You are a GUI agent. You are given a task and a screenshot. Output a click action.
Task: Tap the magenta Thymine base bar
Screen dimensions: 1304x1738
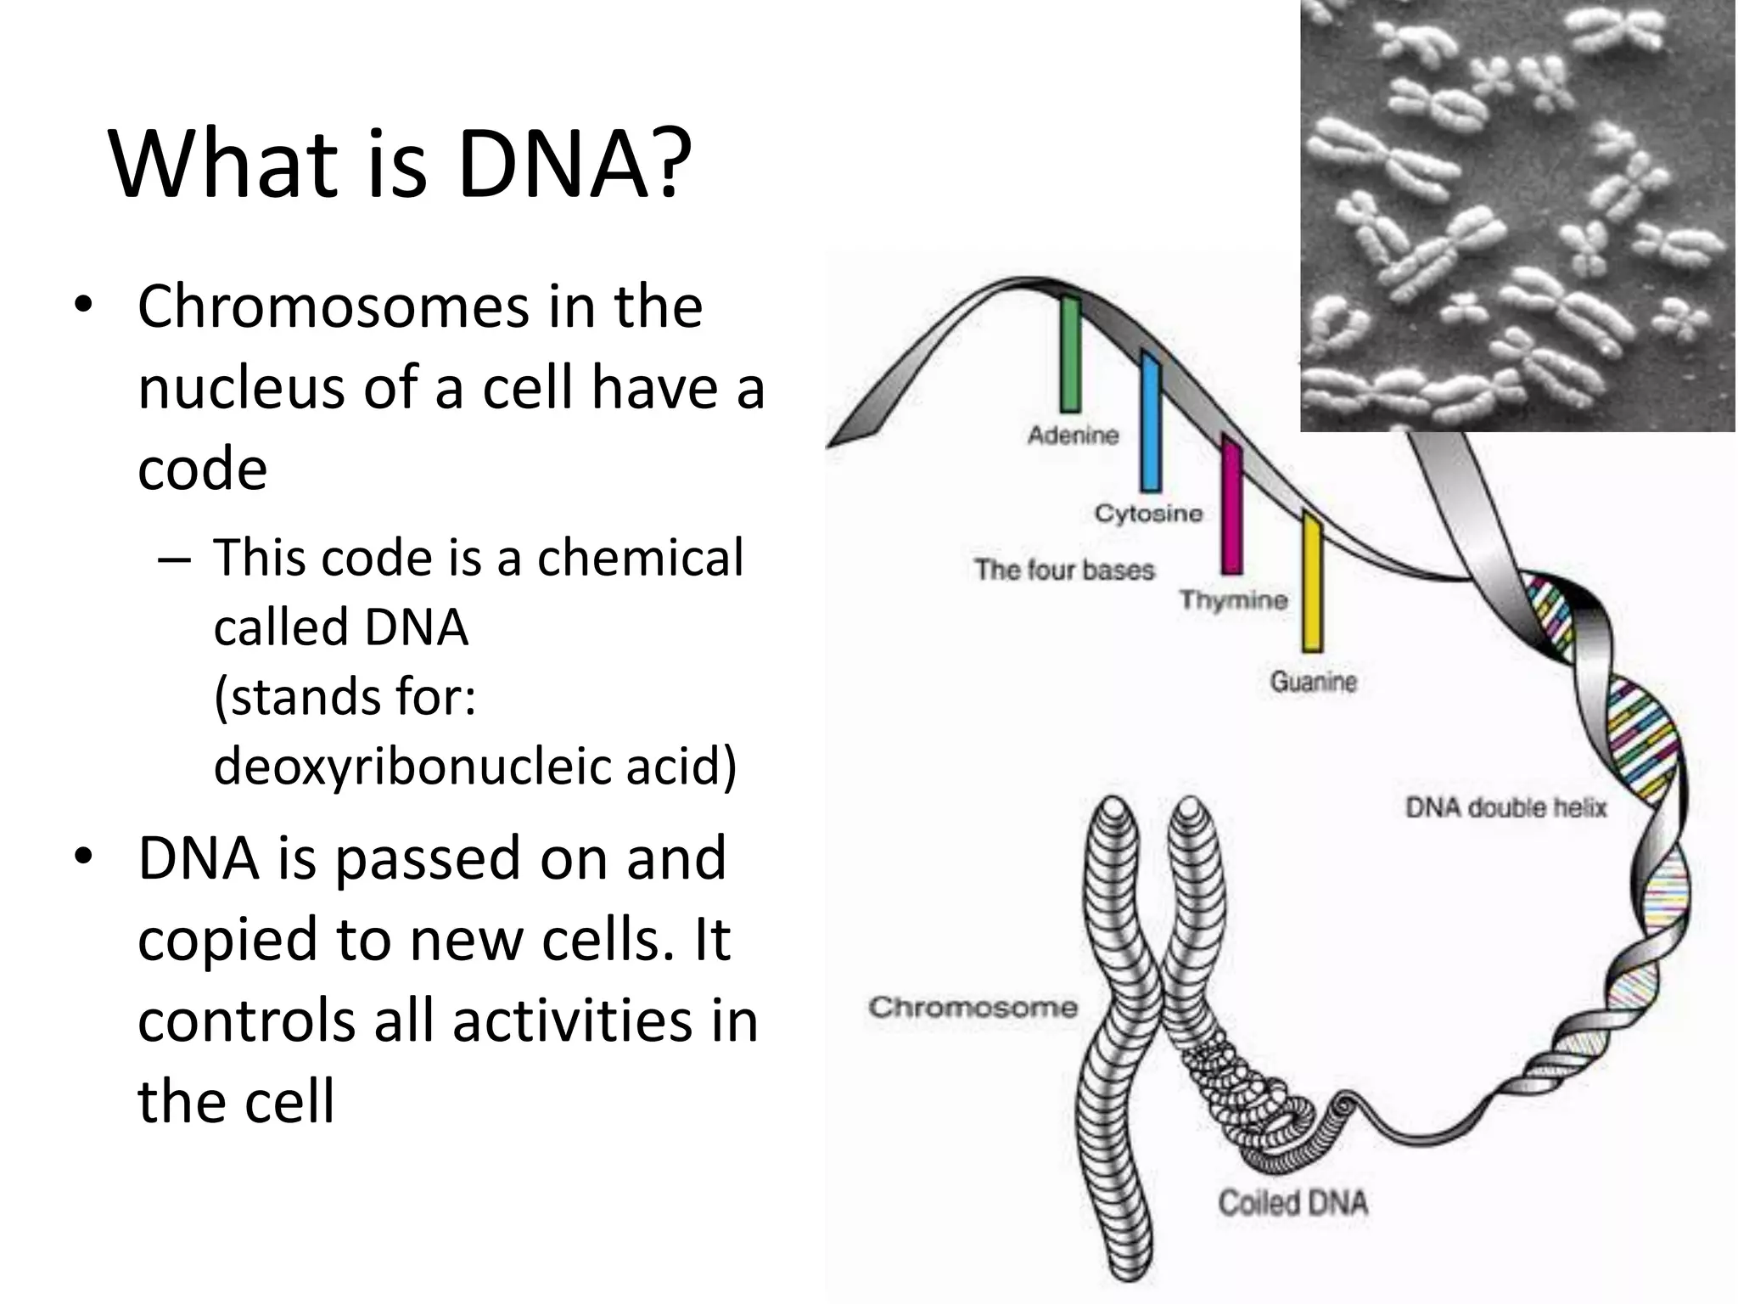(1231, 505)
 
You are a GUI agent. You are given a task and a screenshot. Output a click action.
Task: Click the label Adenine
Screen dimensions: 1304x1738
(1073, 436)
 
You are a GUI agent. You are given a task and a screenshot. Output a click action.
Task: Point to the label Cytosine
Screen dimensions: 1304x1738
(1148, 514)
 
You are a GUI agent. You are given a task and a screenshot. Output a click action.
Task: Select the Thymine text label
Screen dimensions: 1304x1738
(1233, 600)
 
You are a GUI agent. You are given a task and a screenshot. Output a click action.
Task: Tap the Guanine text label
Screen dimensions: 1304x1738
(1313, 682)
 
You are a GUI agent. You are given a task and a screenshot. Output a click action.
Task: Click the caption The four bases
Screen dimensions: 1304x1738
(1064, 570)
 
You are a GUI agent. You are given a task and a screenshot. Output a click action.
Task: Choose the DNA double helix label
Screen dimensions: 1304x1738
(1505, 807)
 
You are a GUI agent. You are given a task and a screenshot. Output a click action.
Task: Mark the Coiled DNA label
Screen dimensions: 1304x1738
(1292, 1203)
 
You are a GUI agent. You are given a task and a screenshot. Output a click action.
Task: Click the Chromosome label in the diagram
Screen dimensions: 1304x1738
(973, 1008)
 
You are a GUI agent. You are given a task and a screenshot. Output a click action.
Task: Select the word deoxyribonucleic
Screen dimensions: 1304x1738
(414, 766)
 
